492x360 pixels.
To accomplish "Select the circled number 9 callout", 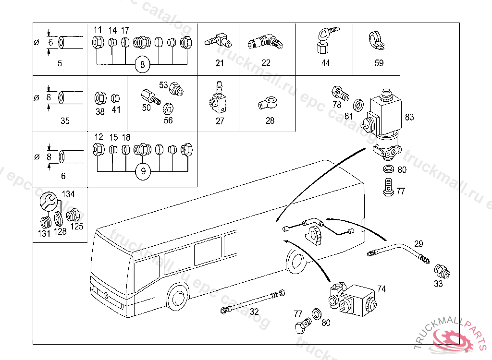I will pos(142,171).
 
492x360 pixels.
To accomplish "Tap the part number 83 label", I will pos(409,117).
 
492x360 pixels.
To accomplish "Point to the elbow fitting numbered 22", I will pos(266,42).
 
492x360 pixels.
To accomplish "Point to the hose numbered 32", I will pos(252,301).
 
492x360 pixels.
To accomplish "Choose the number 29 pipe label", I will pos(418,243).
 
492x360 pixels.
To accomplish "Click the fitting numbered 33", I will pos(443,271).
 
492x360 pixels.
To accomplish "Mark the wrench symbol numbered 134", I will pos(48,201).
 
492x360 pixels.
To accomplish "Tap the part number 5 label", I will pos(60,63).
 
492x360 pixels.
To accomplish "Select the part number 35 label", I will pos(65,121).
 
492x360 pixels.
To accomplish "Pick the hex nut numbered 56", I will pos(168,108).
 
